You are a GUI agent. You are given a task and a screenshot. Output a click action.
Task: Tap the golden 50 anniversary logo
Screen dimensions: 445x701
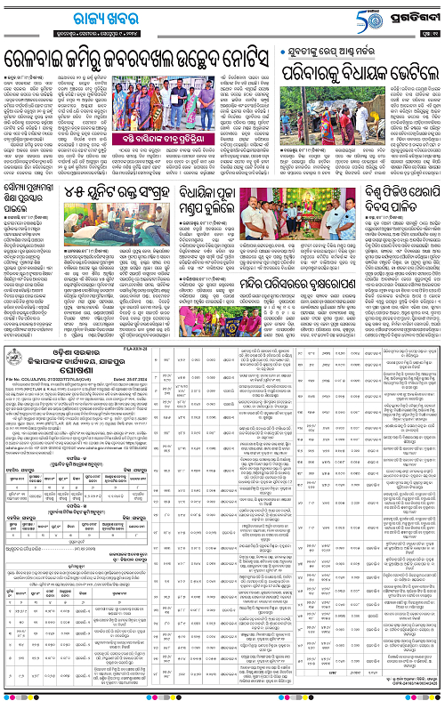[334, 16]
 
